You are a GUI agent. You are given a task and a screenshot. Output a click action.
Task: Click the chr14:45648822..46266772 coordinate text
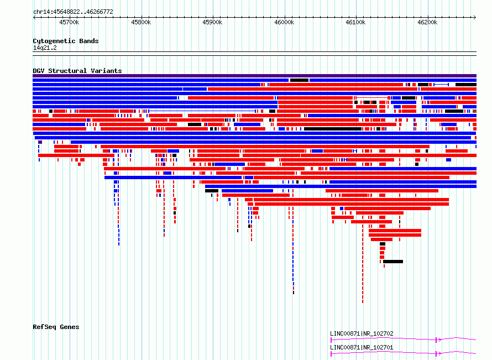(73, 12)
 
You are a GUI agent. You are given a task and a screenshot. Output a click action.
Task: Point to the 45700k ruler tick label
(69, 22)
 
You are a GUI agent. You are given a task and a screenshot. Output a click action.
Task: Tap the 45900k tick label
(212, 22)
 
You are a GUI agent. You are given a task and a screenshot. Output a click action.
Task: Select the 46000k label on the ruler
(284, 22)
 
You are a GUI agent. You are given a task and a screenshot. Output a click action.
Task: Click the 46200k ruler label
(427, 22)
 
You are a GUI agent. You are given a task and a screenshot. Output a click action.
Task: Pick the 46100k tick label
(355, 22)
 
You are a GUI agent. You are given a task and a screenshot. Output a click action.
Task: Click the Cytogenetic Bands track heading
(66, 41)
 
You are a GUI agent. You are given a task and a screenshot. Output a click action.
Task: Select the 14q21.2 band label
(45, 48)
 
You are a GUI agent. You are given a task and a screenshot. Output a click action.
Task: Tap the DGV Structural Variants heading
(77, 71)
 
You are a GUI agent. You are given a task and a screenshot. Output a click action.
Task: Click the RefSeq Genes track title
(56, 327)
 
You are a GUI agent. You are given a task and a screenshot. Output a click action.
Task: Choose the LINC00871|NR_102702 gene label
(362, 333)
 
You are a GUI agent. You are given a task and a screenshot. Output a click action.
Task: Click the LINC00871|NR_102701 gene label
(362, 347)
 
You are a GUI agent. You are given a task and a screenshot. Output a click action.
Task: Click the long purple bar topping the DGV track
(254, 76)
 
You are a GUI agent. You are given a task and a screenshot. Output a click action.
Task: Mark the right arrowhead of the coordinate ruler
(475, 17)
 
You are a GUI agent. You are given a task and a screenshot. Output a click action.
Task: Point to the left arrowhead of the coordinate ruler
(34, 17)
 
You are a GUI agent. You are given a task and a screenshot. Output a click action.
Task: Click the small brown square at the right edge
(475, 111)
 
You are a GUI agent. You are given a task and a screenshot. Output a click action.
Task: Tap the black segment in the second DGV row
(299, 80)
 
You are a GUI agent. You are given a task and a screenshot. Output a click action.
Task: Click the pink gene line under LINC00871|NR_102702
(403, 339)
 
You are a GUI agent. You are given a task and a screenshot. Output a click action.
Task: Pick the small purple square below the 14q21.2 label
(40, 142)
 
